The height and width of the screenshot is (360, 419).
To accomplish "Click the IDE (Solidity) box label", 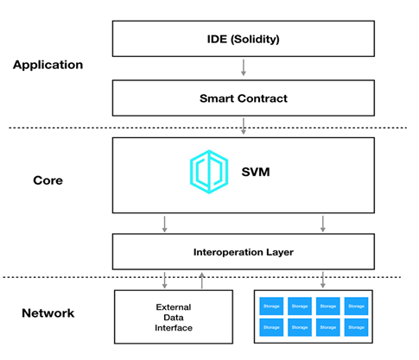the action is (244, 39).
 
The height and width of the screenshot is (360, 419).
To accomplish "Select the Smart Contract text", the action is (244, 98).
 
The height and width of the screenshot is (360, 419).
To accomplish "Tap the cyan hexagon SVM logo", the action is (209, 172).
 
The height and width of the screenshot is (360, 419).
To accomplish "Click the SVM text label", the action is (256, 172).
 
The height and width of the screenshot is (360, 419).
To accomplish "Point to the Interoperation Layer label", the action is (244, 252).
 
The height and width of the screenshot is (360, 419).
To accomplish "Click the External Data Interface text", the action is (174, 318).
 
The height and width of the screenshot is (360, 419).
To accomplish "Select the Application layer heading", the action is (48, 65).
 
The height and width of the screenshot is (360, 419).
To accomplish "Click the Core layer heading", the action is (48, 180).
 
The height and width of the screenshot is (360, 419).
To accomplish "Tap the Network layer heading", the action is (48, 313).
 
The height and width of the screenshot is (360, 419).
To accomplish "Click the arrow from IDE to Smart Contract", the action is (244, 67).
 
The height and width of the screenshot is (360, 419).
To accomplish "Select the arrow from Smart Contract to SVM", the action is (244, 126).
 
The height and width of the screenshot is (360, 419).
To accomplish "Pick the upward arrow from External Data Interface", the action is (202, 281).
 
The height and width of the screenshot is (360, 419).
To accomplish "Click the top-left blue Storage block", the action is (271, 306).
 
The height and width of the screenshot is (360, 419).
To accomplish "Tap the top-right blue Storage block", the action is (356, 306).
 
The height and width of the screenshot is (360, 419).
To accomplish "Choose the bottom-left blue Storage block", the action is (271, 327).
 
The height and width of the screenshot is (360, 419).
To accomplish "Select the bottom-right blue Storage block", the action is (356, 327).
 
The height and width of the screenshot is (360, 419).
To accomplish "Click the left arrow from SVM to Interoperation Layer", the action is (164, 224).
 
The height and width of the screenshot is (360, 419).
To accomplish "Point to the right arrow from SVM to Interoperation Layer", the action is (323, 224).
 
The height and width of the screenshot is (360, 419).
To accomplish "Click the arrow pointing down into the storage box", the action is (323, 280).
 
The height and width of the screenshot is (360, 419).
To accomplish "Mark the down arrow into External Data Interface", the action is (164, 280).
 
